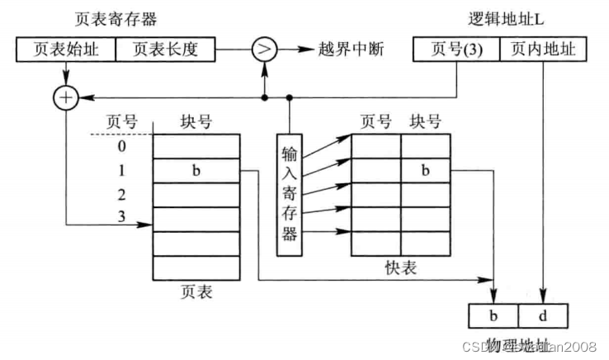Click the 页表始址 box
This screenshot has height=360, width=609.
tap(65, 50)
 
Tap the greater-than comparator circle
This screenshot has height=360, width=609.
tap(264, 50)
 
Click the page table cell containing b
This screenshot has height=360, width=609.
tap(196, 172)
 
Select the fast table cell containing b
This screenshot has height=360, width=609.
tap(426, 171)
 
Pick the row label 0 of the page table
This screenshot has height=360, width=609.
tap(121, 148)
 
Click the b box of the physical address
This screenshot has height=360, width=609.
tap(493, 315)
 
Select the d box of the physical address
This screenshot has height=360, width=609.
tap(543, 315)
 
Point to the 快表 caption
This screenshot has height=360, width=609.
tap(400, 269)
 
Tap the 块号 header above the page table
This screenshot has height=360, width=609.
tap(196, 123)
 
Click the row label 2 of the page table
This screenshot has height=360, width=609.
tap(121, 197)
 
